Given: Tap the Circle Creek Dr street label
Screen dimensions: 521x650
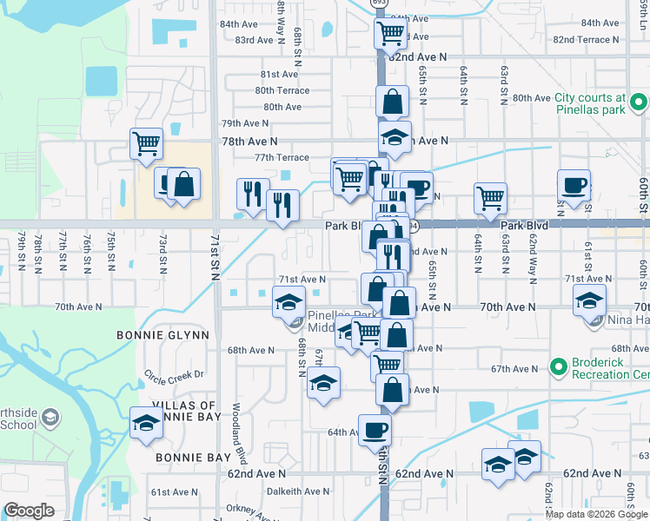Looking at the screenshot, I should pos(173,375).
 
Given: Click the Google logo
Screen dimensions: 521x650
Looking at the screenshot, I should pos(29,511).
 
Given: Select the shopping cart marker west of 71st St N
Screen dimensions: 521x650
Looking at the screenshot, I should pos(146,143).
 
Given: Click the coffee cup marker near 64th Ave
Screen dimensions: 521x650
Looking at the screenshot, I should pos(375,430).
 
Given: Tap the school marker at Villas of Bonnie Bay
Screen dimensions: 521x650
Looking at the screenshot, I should pos(146,424).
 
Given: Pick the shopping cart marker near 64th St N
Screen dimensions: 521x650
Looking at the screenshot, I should pos(490,198).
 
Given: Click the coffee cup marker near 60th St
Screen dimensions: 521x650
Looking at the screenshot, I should pos(574,185).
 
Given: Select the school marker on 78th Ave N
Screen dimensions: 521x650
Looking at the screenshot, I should pos(395,139).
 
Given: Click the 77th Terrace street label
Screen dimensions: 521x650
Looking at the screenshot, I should pos(281,157).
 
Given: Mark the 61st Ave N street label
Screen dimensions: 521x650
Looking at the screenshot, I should pos(175,491).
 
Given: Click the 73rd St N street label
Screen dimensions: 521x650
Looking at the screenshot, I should pos(162,252).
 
